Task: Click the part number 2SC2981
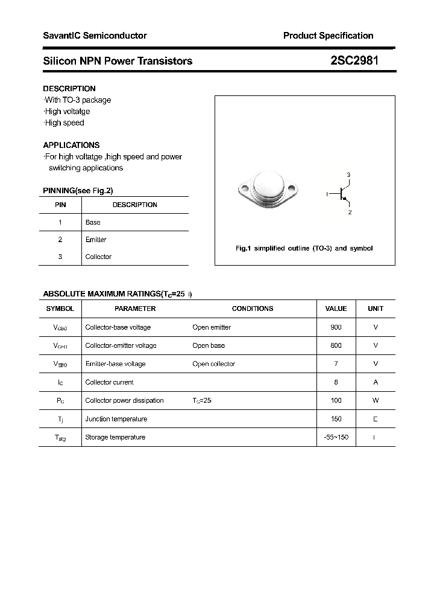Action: point(354,60)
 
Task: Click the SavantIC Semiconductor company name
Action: point(95,36)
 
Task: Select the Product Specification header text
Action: point(328,36)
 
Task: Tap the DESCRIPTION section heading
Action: point(69,88)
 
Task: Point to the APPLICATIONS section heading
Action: point(71,145)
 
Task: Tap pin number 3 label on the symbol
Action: point(348,174)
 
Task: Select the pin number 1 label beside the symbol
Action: point(327,194)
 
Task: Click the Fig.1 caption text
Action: point(304,248)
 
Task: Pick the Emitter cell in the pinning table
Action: point(96,240)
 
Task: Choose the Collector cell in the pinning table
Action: point(98,257)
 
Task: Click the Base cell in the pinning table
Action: point(93,222)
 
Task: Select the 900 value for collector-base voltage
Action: point(336,327)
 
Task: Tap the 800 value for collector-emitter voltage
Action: point(336,345)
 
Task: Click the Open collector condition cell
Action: point(213,364)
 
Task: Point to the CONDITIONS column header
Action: point(253,309)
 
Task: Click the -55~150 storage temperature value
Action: point(336,437)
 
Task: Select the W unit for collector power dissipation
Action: point(376,400)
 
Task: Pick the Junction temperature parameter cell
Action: point(116,419)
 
